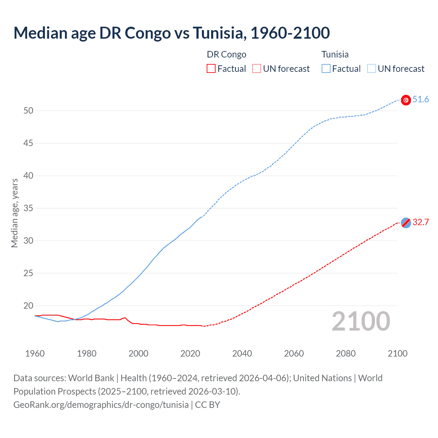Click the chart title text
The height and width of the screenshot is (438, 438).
(171, 33)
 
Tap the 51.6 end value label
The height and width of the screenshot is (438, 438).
(421, 100)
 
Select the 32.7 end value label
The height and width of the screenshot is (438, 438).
(421, 222)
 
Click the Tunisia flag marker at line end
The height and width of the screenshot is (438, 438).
(406, 100)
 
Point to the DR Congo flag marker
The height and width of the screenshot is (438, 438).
(406, 223)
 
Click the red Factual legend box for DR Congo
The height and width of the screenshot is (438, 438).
(211, 69)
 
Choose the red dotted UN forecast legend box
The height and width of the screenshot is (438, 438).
(257, 69)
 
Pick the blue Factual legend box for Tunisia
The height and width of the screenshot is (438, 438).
(326, 69)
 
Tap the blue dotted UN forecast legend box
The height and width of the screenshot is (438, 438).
(371, 69)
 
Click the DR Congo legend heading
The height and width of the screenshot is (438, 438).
(227, 55)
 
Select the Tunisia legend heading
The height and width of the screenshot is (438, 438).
(335, 55)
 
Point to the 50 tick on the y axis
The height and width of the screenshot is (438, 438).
(28, 111)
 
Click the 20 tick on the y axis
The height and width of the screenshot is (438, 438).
(28, 306)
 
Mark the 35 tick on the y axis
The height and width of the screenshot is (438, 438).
(28, 208)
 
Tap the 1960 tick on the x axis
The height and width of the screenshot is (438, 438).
(35, 353)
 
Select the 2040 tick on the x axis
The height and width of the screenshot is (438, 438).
(242, 353)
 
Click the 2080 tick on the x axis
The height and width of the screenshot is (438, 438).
(346, 353)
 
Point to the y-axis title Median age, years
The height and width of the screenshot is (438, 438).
(14, 213)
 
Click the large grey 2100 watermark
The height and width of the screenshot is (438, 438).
(361, 321)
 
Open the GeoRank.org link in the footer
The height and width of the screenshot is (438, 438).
(101, 405)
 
